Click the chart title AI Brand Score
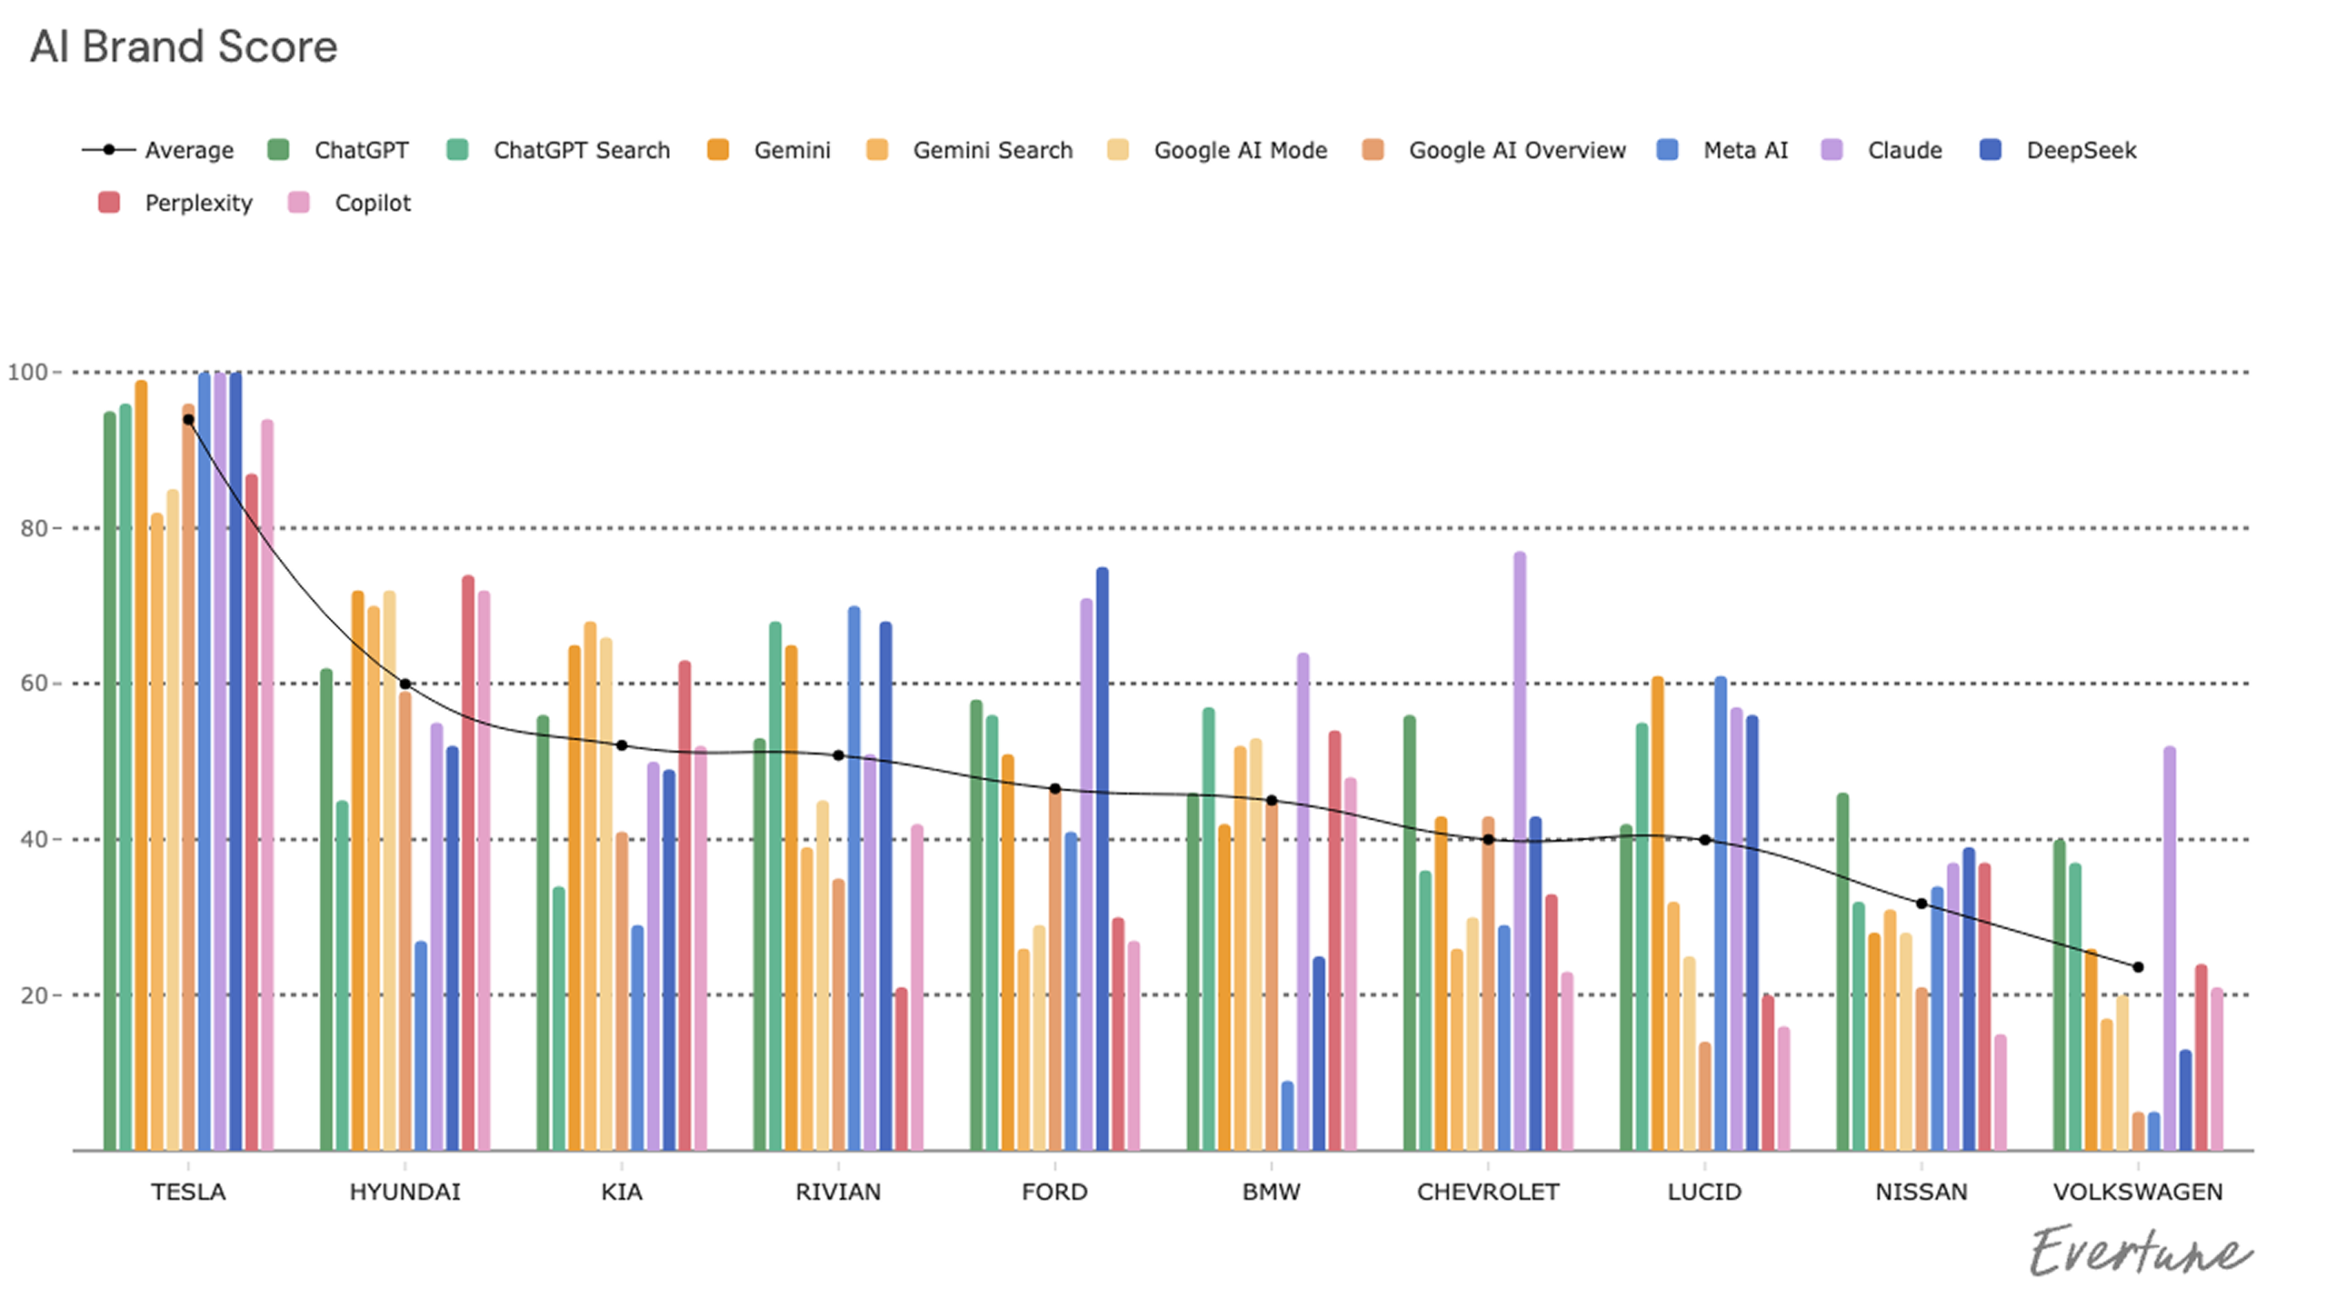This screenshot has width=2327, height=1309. click(184, 47)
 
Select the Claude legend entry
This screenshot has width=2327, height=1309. click(1903, 150)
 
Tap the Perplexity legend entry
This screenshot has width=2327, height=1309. click(197, 203)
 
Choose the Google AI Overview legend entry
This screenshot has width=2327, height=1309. click(1515, 150)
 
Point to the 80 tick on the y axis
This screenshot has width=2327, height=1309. click(34, 528)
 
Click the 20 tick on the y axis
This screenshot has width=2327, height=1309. click(34, 995)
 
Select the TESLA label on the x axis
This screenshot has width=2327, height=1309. click(188, 1192)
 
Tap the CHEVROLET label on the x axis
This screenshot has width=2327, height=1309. click(1488, 1192)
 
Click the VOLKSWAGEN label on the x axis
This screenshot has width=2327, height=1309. click(2137, 1192)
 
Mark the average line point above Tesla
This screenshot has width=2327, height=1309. click(188, 420)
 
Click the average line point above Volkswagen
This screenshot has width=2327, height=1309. click(2138, 967)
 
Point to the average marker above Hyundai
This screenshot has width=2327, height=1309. click(405, 684)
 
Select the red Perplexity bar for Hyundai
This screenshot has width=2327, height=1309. click(468, 864)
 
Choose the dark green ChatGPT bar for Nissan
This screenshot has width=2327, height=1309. click(1843, 973)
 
